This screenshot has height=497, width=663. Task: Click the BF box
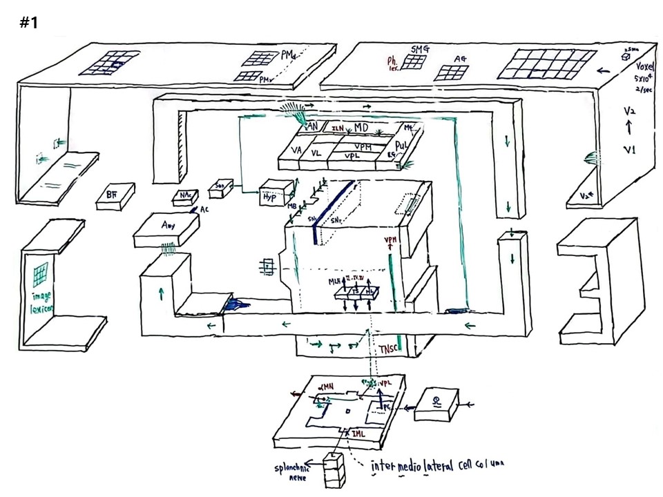pos(111,196)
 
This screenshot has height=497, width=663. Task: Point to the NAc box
pos(185,197)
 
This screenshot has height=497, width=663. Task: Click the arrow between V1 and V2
pos(628,128)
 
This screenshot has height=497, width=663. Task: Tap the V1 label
pos(628,149)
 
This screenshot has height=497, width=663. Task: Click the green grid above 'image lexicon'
pos(41,274)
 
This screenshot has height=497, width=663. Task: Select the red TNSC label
pos(387,350)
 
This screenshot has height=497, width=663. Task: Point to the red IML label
pos(358,433)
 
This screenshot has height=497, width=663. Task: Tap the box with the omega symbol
pos(436,405)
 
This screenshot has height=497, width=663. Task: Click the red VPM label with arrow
pos(391,241)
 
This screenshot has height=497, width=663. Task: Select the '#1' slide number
pos(29,23)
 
